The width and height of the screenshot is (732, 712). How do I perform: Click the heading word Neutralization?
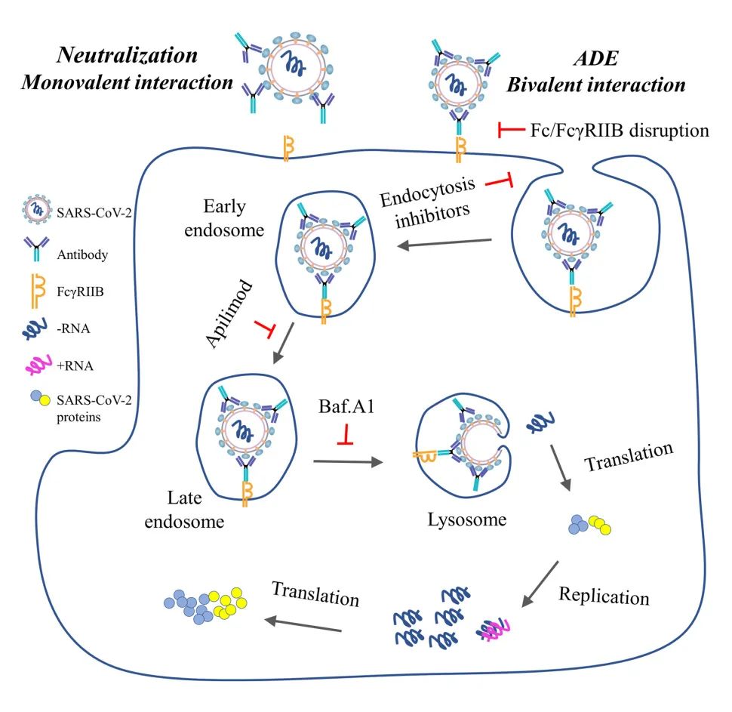click(128, 56)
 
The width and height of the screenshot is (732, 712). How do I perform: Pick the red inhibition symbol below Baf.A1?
click(346, 436)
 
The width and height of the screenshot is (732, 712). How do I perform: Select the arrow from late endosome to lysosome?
click(347, 463)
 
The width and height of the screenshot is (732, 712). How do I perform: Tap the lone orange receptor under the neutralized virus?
click(288, 146)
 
